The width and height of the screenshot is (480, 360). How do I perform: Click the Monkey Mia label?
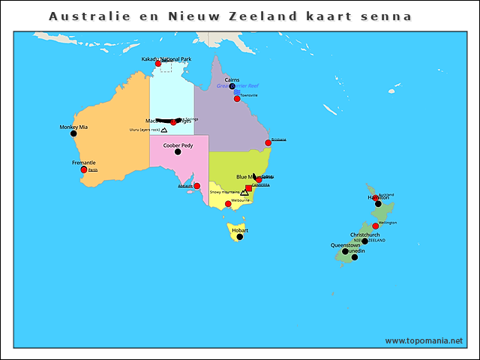[x=73, y=127]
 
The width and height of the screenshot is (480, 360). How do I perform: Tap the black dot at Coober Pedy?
[x=178, y=151]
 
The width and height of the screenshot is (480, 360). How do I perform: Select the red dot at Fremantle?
[x=84, y=169]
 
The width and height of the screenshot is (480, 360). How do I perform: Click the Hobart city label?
[x=239, y=229]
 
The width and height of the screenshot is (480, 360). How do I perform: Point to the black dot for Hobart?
[x=240, y=237]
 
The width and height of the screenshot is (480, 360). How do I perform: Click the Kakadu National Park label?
[x=166, y=58]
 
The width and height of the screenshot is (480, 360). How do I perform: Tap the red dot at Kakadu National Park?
[x=158, y=64]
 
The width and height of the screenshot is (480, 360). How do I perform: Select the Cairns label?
[x=232, y=79]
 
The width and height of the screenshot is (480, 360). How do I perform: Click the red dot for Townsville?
[x=237, y=98]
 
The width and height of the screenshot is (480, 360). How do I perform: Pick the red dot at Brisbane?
[x=268, y=142]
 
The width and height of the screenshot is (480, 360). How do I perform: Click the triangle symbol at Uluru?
[x=164, y=130]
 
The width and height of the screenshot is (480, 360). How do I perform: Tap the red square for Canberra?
[x=249, y=188]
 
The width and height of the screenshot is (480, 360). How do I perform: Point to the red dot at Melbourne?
[x=228, y=203]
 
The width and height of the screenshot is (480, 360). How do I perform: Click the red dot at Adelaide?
[x=197, y=186]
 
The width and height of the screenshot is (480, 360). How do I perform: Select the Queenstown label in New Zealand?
[x=346, y=244]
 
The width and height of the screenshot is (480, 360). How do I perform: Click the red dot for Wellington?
[x=376, y=226]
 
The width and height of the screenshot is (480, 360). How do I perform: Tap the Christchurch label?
[x=365, y=235]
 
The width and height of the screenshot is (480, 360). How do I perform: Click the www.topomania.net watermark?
[x=424, y=341]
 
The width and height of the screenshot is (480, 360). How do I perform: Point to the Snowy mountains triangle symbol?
[x=244, y=193]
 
